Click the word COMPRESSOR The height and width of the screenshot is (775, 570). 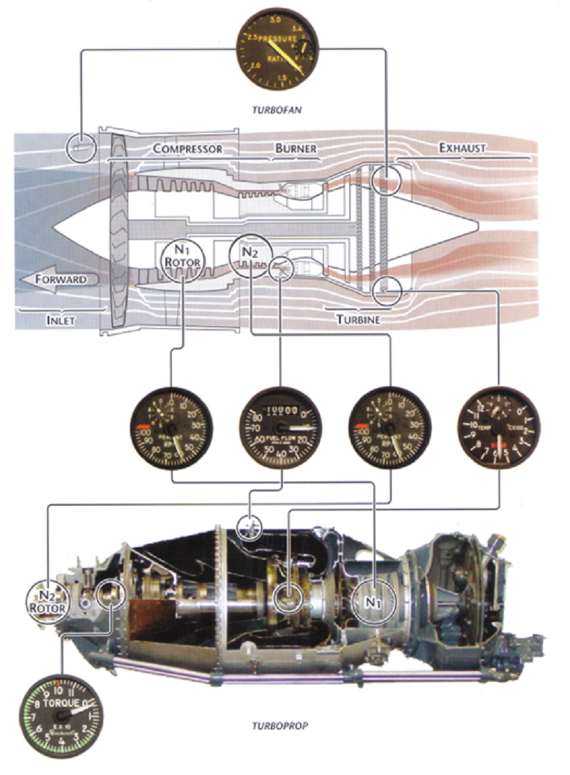(x=187, y=149)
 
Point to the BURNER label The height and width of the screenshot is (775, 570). (x=294, y=149)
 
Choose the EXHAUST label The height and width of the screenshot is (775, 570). (x=462, y=148)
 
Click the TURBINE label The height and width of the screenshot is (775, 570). (x=358, y=320)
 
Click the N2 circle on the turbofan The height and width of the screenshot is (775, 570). (x=249, y=254)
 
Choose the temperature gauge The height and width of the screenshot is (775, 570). (x=498, y=427)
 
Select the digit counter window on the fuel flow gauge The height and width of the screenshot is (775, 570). (x=280, y=411)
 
